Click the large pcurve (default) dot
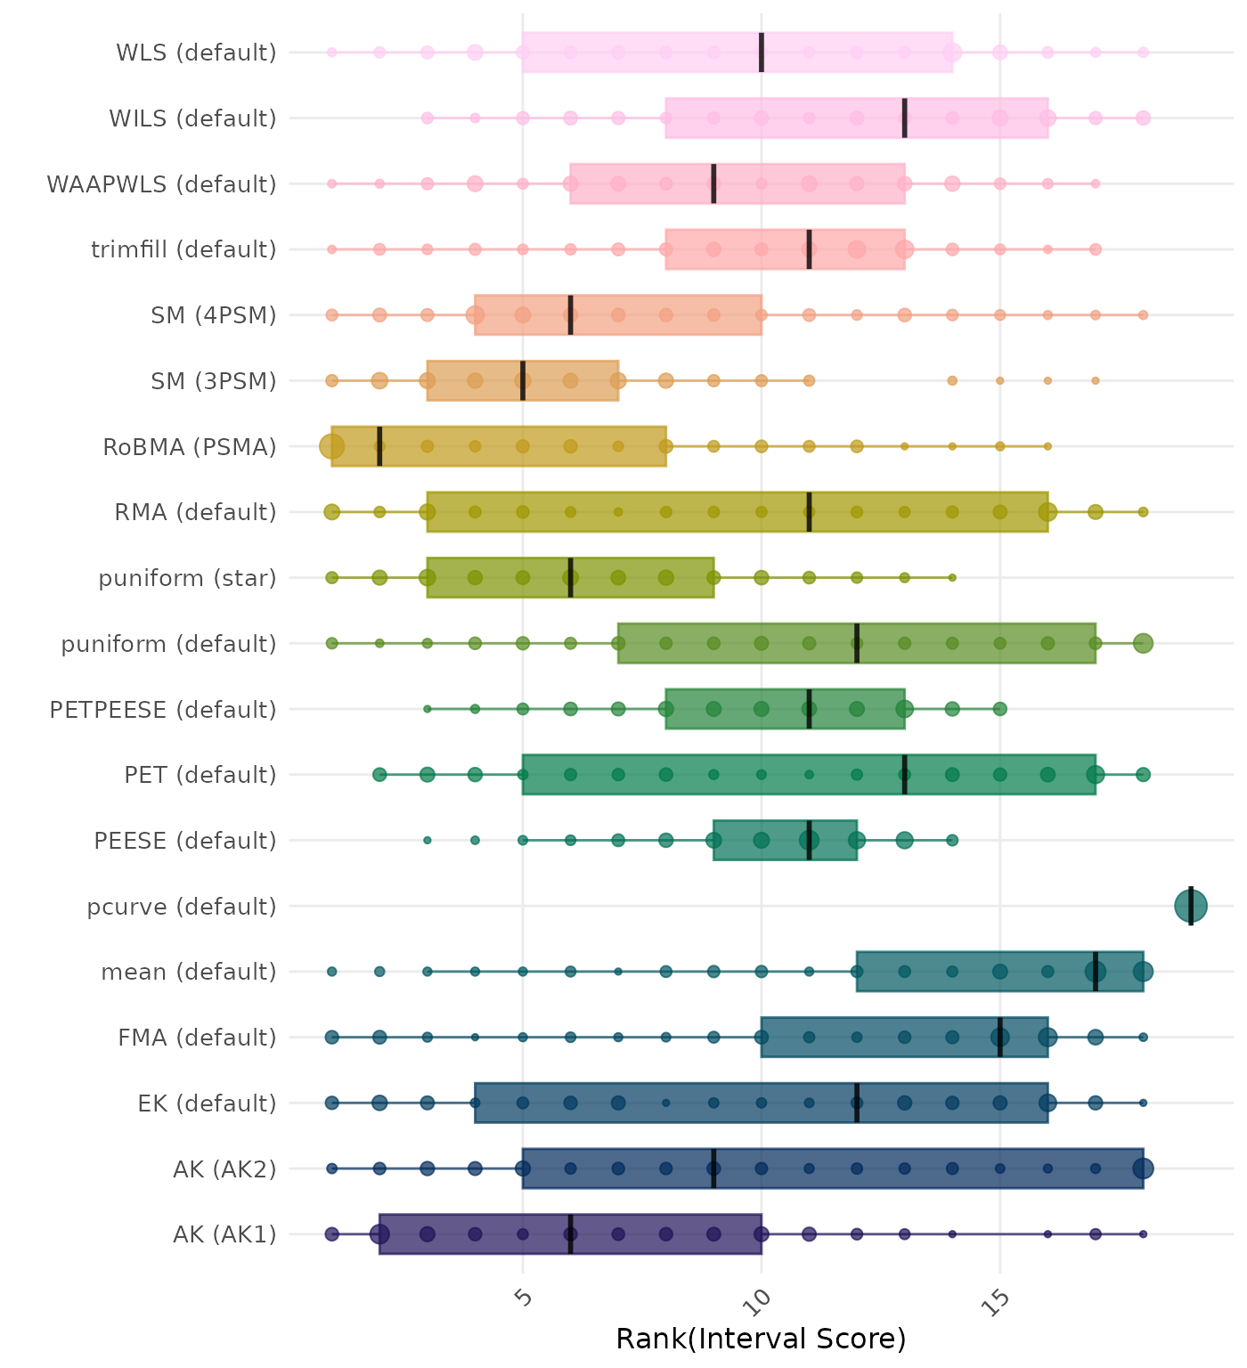1190,907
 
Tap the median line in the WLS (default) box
762,53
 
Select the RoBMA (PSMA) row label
189,447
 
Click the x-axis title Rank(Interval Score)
761,1339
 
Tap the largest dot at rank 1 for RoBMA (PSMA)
332,446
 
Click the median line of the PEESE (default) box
809,841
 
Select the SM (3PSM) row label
214,381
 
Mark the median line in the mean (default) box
1096,972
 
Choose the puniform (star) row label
187,579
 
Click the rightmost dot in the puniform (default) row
1143,643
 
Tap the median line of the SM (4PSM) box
571,315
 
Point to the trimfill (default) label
183,249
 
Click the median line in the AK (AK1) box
571,1234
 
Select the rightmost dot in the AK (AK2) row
1143,1168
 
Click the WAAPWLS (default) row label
161,184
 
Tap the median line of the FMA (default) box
1000,1037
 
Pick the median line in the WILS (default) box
905,118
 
